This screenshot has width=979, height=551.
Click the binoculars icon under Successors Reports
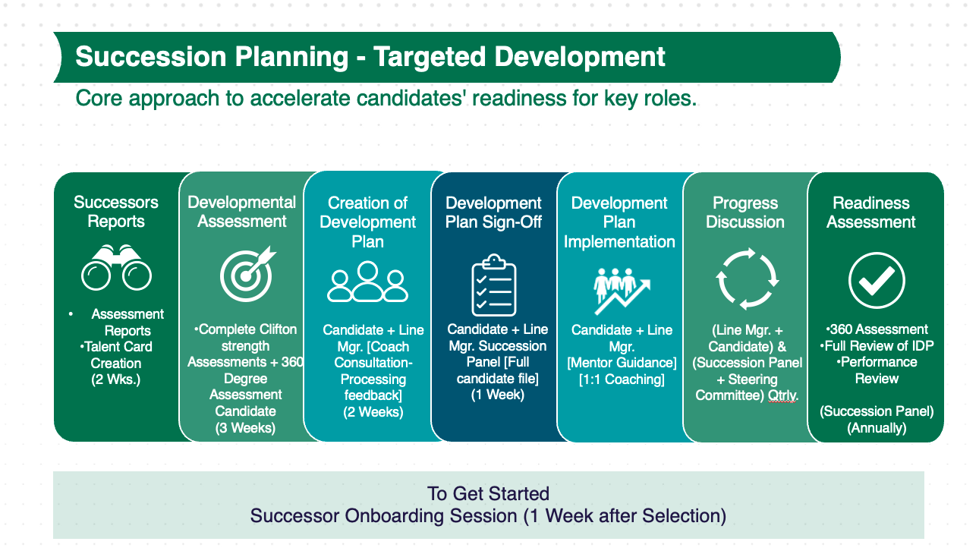click(116, 268)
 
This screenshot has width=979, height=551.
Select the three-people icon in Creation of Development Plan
click(367, 282)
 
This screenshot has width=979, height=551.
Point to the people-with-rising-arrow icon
click(622, 291)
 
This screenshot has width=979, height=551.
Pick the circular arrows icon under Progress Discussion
click(747, 279)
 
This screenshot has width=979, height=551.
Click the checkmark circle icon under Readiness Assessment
click(877, 280)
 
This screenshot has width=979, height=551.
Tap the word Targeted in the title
click(430, 57)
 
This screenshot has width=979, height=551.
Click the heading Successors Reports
click(116, 212)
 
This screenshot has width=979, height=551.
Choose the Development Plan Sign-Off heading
click(493, 213)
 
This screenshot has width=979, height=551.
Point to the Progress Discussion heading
click(745, 213)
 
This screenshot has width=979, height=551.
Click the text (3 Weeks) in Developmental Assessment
click(245, 427)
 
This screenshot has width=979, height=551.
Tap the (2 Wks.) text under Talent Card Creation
click(116, 379)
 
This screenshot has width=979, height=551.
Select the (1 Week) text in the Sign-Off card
click(497, 395)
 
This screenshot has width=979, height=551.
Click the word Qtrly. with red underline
click(783, 396)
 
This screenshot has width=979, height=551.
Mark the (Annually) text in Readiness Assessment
click(877, 428)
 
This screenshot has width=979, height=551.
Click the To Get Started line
click(488, 494)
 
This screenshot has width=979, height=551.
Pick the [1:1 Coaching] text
click(622, 379)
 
